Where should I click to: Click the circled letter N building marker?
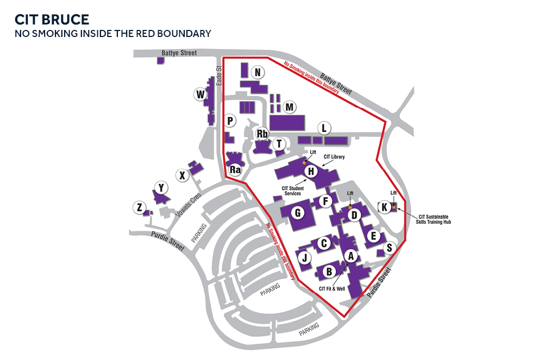click(x=258, y=72)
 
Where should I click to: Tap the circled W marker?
click(x=200, y=95)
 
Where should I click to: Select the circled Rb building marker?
click(x=262, y=134)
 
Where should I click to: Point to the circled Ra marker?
click(x=235, y=170)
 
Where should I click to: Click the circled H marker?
click(x=311, y=171)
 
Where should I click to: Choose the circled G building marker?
click(x=298, y=213)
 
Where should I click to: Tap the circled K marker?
click(x=384, y=207)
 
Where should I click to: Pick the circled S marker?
click(x=390, y=248)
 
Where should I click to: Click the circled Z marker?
click(x=140, y=207)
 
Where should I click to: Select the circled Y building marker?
click(x=161, y=188)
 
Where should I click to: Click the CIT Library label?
click(x=334, y=157)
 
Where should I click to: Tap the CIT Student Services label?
click(x=292, y=191)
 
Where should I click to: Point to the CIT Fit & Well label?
click(x=331, y=289)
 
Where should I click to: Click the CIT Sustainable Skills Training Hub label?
click(x=434, y=219)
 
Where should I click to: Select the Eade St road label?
click(x=219, y=76)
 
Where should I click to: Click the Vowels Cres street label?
click(x=188, y=205)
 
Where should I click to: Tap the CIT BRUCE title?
click(x=52, y=20)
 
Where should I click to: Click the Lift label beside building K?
click(x=393, y=193)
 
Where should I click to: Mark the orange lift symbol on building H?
click(x=304, y=163)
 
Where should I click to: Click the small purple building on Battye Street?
click(x=160, y=60)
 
